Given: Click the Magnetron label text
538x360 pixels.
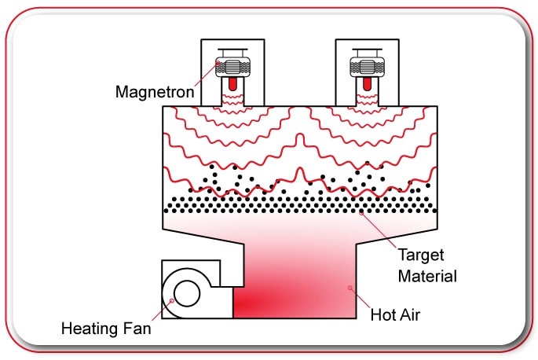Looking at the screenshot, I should coord(155,91).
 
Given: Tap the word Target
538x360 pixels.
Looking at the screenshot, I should coord(420,256).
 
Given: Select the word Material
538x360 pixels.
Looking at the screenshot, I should coord(427,276).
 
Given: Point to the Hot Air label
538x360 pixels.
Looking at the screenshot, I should coord(396,316).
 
